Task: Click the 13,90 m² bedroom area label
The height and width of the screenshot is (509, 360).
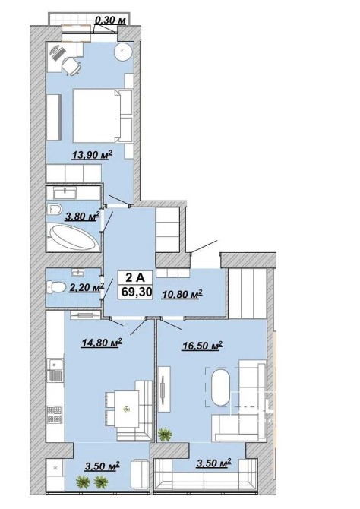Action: pos(92,155)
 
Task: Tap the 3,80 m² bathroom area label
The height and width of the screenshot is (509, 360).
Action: pos(82,217)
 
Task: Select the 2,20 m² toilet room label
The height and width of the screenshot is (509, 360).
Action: pos(87,287)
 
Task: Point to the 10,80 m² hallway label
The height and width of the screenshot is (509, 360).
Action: pos(182,294)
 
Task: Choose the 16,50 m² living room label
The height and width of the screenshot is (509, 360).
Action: pos(202,346)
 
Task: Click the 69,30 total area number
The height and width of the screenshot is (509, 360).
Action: pos(137,292)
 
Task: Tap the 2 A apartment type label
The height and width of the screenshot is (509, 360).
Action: pos(134,277)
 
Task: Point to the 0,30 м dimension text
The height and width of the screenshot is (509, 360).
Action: pos(110,21)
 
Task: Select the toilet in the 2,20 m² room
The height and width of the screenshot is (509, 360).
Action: pos(56,287)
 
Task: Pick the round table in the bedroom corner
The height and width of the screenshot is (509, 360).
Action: pos(123,52)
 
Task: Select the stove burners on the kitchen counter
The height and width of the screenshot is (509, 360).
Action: pos(55,415)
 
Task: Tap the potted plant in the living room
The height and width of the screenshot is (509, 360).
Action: pos(166,435)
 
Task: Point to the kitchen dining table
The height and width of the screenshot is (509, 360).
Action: pos(127,409)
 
